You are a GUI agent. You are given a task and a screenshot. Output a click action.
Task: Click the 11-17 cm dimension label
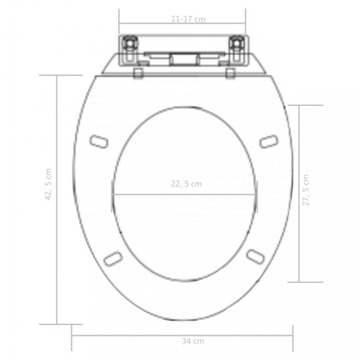point(188,19)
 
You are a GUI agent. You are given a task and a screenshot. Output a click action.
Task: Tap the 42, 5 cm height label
point(49,185)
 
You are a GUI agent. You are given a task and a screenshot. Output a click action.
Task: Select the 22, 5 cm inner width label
point(186,184)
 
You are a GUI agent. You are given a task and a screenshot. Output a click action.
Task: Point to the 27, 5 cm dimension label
point(306,190)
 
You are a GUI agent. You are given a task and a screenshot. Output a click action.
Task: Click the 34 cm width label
point(193,341)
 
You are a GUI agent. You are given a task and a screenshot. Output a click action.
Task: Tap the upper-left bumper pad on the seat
point(99,142)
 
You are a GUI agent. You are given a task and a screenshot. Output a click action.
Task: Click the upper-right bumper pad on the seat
point(269,142)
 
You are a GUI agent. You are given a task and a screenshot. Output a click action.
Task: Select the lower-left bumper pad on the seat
point(113,258)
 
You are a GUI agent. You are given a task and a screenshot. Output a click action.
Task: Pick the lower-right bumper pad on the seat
point(255,256)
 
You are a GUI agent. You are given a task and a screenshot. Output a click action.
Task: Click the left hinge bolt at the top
point(130,44)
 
